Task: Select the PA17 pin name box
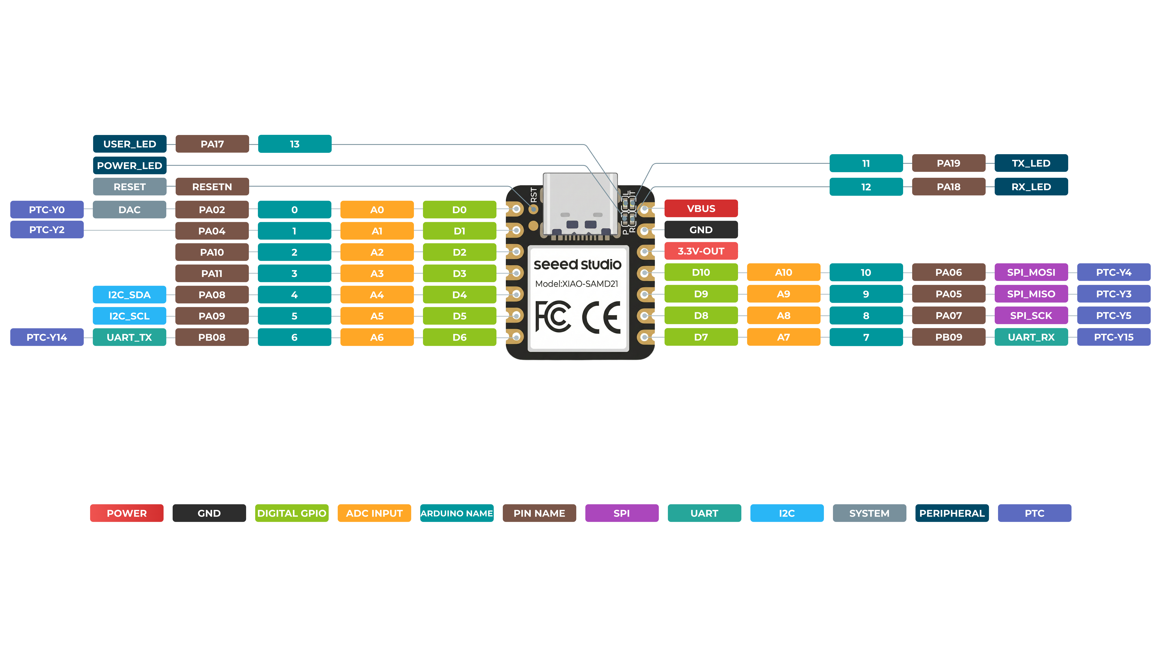[212, 144]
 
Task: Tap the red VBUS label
[701, 208]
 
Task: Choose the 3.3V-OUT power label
[701, 251]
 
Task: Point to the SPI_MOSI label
[1031, 272]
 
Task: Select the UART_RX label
[1031, 337]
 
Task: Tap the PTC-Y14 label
[47, 337]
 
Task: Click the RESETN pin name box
[212, 187]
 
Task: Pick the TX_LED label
[1031, 163]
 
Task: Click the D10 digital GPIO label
[701, 272]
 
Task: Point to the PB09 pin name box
[949, 337]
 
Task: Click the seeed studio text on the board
[577, 265]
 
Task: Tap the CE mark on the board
[602, 318]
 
